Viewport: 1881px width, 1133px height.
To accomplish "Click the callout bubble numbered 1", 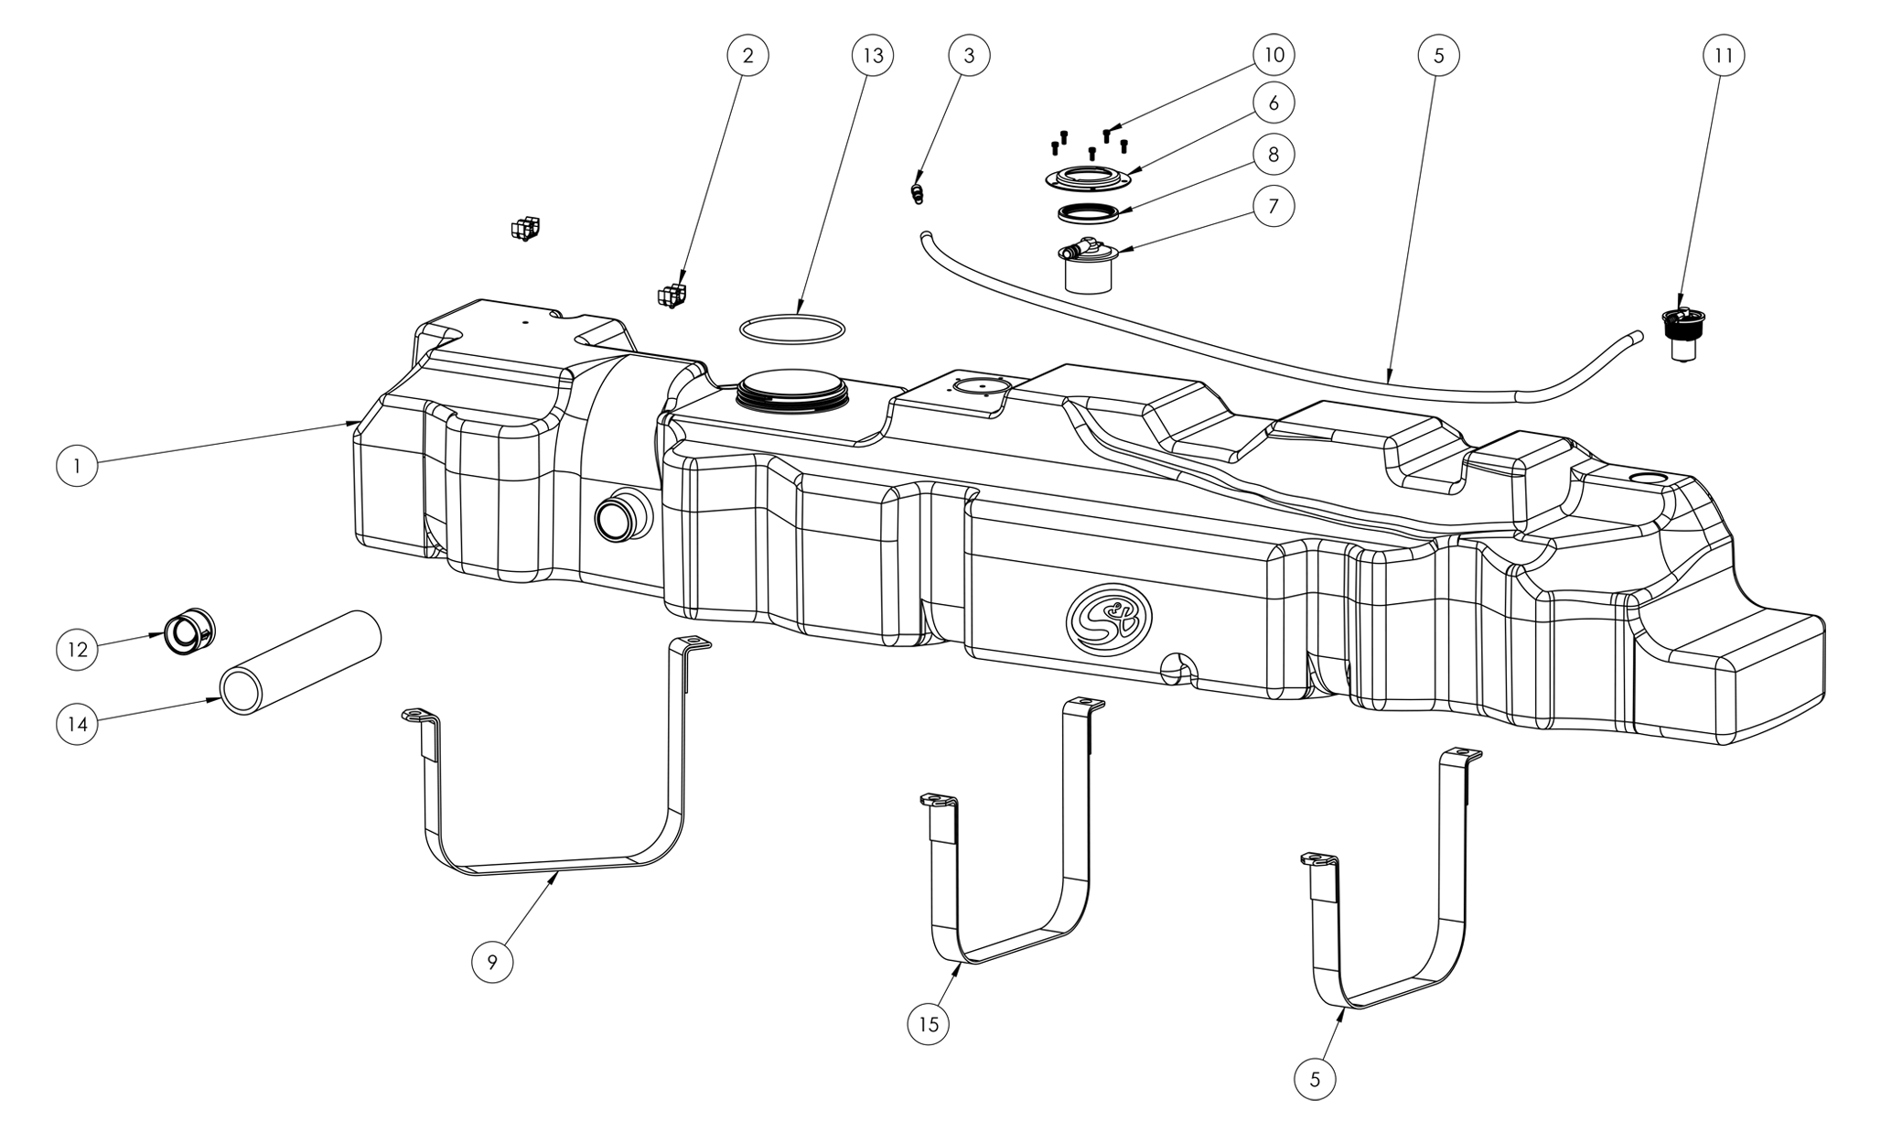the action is point(77,465).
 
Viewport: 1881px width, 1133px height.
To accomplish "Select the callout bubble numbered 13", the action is point(873,56).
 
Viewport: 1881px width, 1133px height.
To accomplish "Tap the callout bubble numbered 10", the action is point(1274,55).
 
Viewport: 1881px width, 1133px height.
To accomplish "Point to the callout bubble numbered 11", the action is point(1724,56).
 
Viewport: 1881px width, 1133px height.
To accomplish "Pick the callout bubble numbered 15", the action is point(929,1024).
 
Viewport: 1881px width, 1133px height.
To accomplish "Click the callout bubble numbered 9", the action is point(492,962).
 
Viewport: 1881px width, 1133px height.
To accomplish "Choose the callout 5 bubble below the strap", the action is point(1316,1079).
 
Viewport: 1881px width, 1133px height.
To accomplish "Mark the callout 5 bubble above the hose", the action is point(1438,56).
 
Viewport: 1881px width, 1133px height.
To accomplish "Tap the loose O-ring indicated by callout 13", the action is point(792,317).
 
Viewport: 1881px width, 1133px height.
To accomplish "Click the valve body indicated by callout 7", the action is point(1089,266).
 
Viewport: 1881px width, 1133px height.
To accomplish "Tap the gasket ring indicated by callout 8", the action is point(1089,213).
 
